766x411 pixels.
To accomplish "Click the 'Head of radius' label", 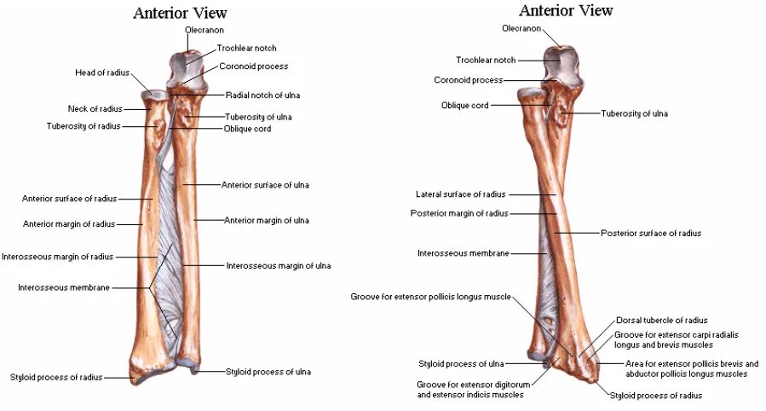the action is click(102, 72).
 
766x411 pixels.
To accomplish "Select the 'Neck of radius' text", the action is click(95, 108).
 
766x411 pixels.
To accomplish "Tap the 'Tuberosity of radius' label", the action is click(84, 126).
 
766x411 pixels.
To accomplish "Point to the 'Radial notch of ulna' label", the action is click(262, 95).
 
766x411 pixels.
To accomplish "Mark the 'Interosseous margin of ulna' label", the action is click(278, 265).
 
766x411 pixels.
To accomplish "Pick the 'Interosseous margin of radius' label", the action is click(57, 256).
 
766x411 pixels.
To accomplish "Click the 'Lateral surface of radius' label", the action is click(460, 194).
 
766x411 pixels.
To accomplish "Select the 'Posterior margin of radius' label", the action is click(458, 213).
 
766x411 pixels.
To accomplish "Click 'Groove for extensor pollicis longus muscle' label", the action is click(430, 297).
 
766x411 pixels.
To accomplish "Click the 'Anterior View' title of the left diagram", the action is click(180, 13).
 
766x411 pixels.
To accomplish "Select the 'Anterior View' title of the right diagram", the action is click(566, 10).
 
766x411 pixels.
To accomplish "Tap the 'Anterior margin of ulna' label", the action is click(267, 220).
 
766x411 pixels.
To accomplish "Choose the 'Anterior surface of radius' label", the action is click(69, 199).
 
